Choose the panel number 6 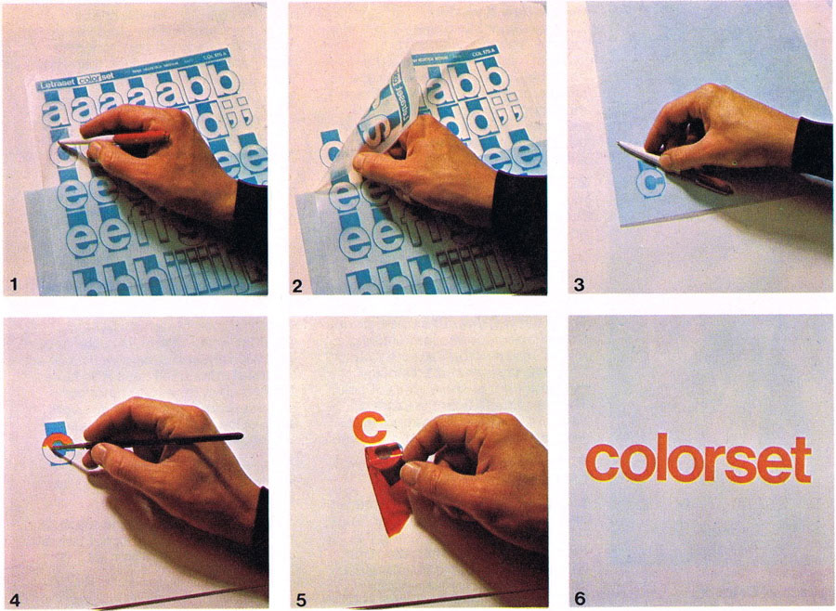tap(580, 597)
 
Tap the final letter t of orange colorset tap(801, 460)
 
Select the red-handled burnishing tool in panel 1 tap(139, 139)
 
